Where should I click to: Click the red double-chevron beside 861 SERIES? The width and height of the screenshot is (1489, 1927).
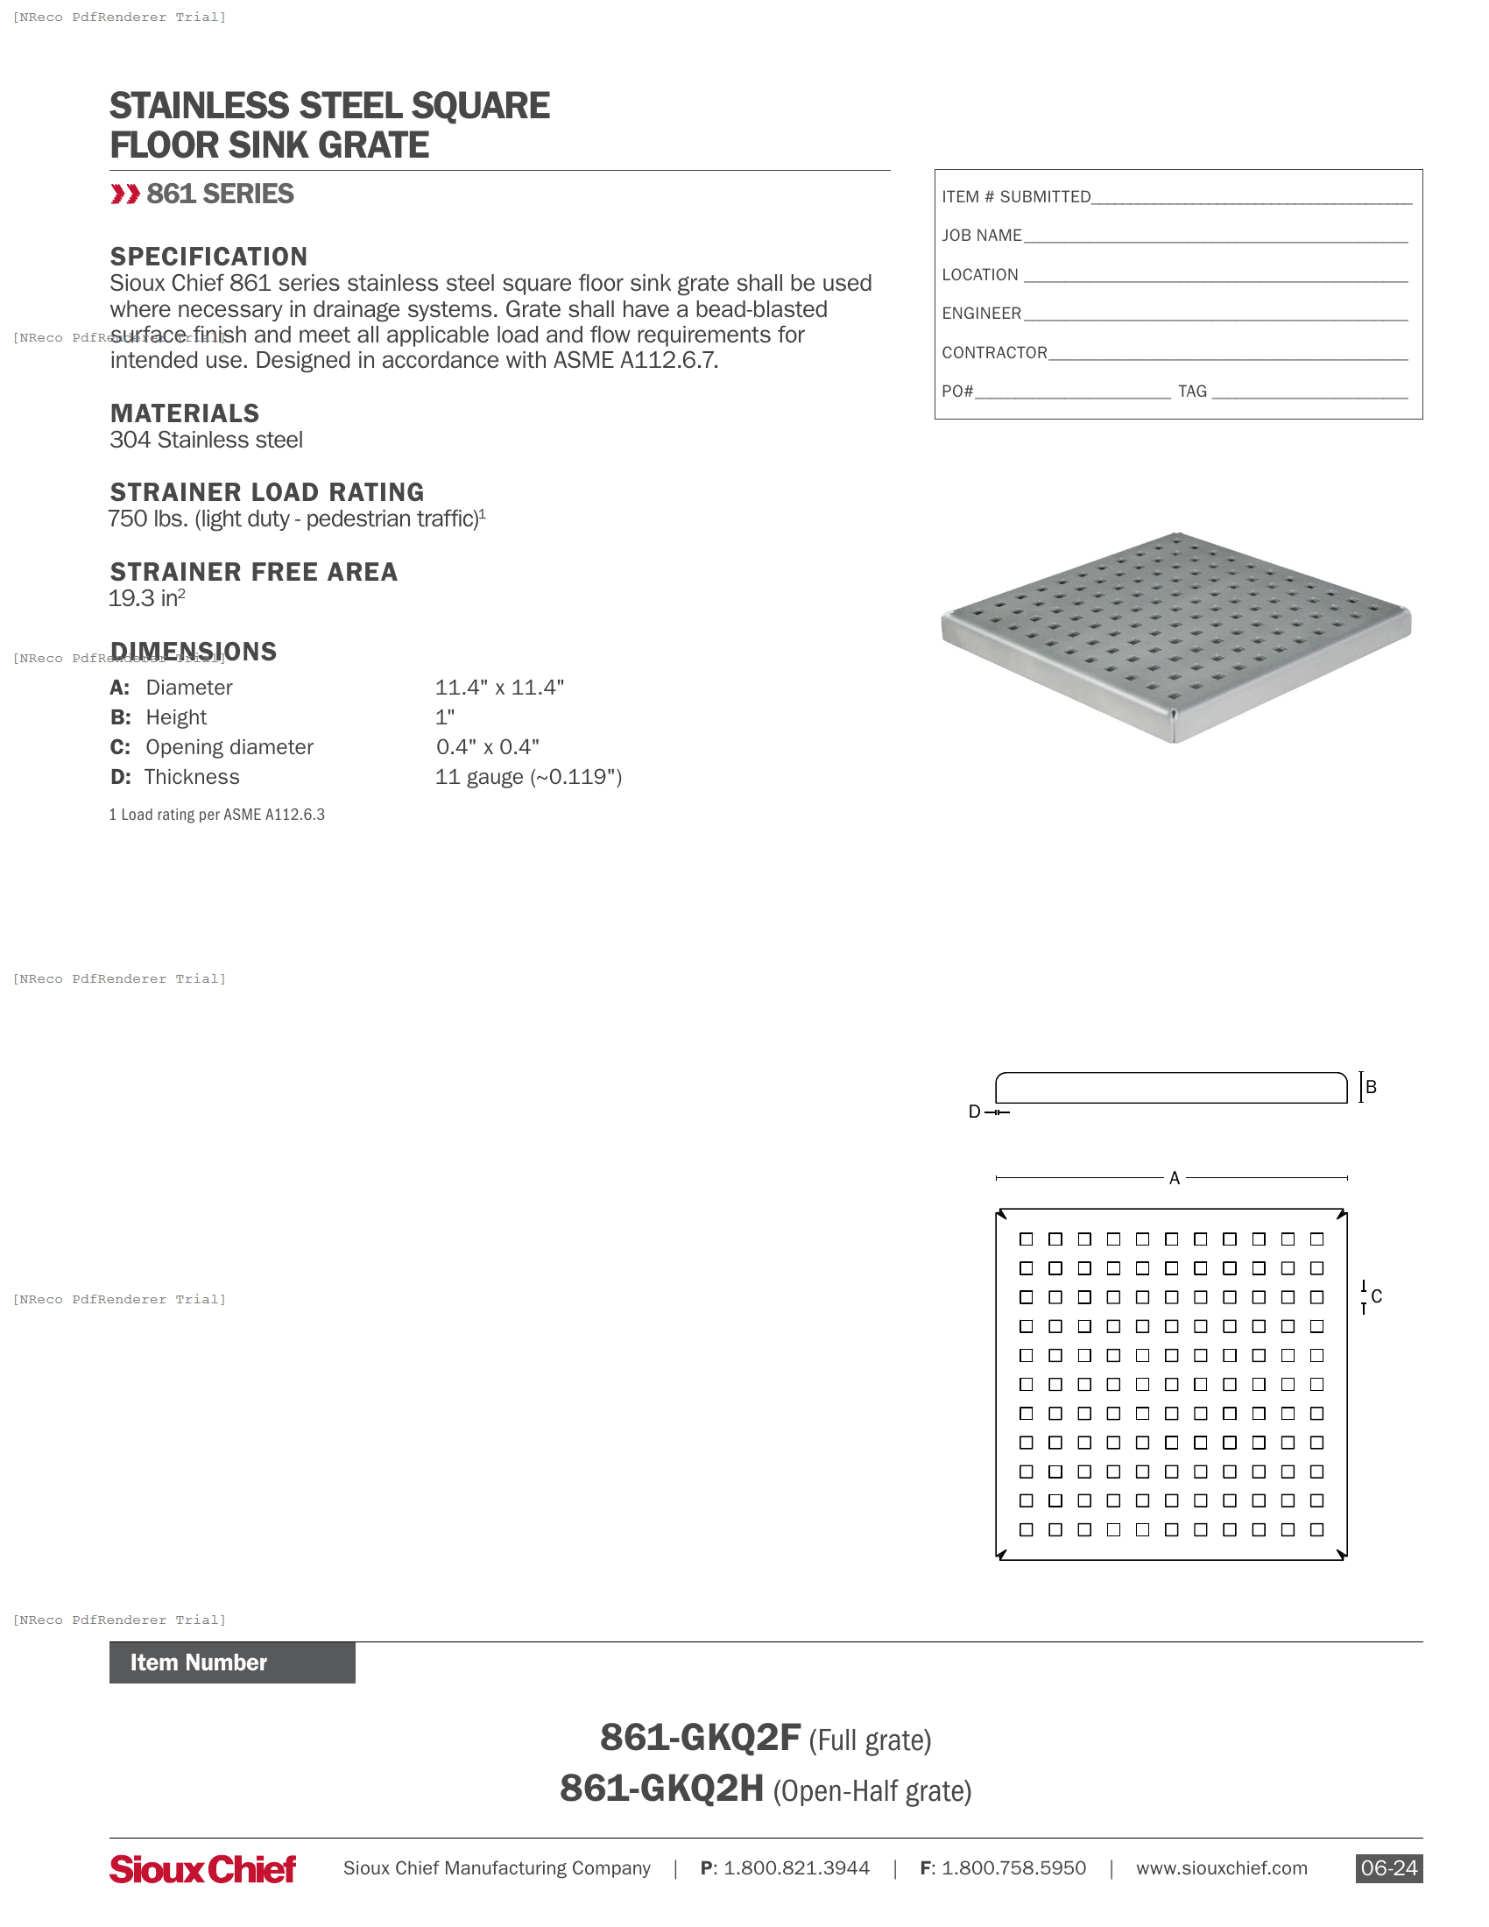[x=124, y=194]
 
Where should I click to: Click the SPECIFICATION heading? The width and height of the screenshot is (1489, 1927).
[x=208, y=257]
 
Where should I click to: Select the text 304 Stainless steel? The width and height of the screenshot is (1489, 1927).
[x=206, y=440]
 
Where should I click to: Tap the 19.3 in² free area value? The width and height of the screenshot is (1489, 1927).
[x=145, y=598]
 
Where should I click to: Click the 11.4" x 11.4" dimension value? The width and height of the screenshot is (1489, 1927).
[x=499, y=688]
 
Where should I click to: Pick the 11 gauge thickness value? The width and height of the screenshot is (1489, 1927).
[x=528, y=777]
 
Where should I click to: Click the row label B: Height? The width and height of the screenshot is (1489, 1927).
[x=159, y=717]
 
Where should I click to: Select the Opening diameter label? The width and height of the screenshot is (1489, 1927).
[x=229, y=747]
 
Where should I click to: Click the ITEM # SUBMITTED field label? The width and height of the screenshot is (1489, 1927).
[x=1015, y=197]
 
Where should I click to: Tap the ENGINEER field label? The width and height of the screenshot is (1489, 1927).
[x=981, y=314]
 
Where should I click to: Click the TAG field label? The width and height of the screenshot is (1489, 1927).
[x=1192, y=391]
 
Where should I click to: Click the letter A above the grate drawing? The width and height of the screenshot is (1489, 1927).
[x=1174, y=1178]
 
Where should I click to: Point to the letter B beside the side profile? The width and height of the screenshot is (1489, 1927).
[x=1371, y=1087]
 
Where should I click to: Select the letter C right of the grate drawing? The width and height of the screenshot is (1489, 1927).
[x=1376, y=1296]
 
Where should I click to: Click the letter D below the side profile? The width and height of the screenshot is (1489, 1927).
[x=974, y=1112]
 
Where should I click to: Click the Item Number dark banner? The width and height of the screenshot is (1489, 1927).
[x=232, y=1662]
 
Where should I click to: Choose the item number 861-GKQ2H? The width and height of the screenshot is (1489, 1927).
[x=661, y=1789]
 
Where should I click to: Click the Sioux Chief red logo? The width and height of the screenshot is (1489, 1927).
[x=203, y=1869]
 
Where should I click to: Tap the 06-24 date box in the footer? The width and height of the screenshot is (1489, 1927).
[x=1388, y=1868]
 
